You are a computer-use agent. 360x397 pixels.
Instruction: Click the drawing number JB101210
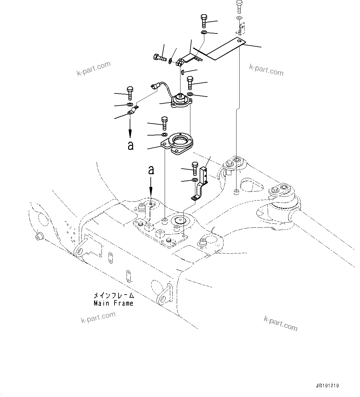[x=327, y=386]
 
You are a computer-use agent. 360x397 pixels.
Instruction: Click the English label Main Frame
[x=114, y=303]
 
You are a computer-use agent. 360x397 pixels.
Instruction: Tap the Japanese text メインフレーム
[x=114, y=296]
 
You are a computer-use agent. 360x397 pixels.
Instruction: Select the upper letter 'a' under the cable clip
[x=131, y=145]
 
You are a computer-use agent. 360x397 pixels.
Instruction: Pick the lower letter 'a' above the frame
[x=151, y=170]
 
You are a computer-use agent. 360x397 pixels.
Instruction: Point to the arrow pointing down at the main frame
[x=151, y=190]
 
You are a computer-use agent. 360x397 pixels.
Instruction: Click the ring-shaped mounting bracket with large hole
[x=178, y=144]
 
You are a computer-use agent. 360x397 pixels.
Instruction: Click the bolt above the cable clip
[x=130, y=93]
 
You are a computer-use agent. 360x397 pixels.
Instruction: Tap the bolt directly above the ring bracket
[x=164, y=123]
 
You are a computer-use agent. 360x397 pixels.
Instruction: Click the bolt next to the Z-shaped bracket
[x=195, y=168]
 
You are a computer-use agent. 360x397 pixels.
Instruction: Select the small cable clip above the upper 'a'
[x=132, y=110]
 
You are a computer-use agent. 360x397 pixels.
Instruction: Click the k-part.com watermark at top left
[x=93, y=69]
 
